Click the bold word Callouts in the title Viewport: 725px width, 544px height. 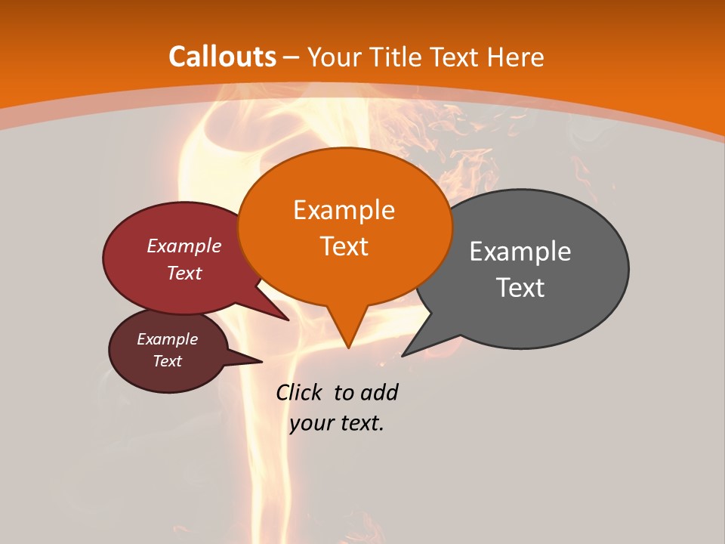click(222, 57)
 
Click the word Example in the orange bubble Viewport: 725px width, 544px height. click(344, 210)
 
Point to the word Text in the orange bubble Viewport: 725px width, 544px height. click(344, 246)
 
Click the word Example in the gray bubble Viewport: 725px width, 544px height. click(520, 252)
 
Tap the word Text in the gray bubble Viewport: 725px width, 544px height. click(520, 288)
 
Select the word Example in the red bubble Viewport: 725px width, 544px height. click(184, 246)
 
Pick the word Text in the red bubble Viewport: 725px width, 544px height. click(184, 273)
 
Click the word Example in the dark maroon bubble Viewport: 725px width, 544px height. click(168, 339)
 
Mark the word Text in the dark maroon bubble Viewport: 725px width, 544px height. click(168, 361)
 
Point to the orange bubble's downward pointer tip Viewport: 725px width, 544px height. click(348, 348)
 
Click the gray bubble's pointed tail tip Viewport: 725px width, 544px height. click(403, 355)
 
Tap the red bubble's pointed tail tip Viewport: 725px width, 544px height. click(288, 320)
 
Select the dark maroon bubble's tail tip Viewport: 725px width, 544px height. click(261, 362)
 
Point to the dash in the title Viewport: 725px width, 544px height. click(292, 57)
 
